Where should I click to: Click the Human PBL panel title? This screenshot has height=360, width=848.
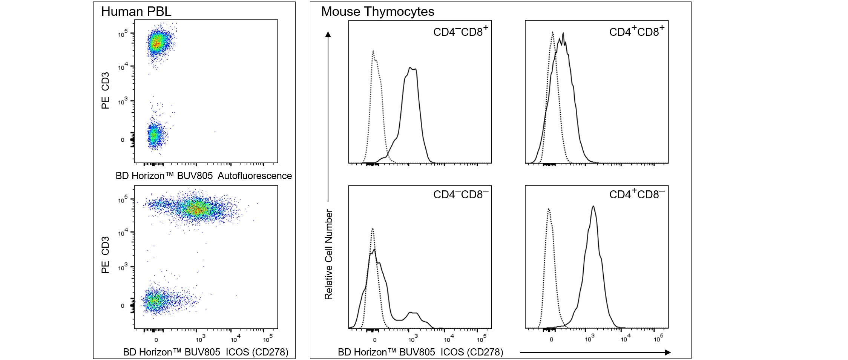pos(136,12)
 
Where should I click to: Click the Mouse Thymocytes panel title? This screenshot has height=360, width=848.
pos(377,12)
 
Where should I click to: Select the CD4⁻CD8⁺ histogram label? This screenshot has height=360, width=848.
pos(460,31)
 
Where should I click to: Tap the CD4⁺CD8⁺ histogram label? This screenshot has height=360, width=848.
pos(637,31)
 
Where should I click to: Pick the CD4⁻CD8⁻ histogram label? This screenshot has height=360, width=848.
pos(460,194)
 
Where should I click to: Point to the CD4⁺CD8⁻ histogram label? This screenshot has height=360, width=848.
pos(637,194)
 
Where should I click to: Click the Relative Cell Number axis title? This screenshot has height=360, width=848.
pos(329,254)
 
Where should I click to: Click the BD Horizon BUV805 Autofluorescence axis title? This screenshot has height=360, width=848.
pos(204,176)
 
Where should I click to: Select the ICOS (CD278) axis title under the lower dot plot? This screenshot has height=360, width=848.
pos(205,352)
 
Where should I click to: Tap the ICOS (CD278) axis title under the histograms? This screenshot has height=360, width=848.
pos(420,352)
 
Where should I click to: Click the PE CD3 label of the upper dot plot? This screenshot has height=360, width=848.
pos(106,90)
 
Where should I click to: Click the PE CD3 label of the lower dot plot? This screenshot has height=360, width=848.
pos(106,254)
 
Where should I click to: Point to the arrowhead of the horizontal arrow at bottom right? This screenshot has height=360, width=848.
pos(668,352)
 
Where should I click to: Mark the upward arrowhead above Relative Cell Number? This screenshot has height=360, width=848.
pos(328,35)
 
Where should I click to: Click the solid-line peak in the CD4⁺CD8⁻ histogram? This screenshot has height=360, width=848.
pos(593,207)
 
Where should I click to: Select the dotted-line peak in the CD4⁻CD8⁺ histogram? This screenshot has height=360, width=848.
pos(373,51)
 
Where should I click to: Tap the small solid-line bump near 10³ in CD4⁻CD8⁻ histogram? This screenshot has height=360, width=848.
pos(413,313)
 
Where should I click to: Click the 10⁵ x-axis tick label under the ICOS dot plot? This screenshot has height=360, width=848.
pos(268,339)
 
